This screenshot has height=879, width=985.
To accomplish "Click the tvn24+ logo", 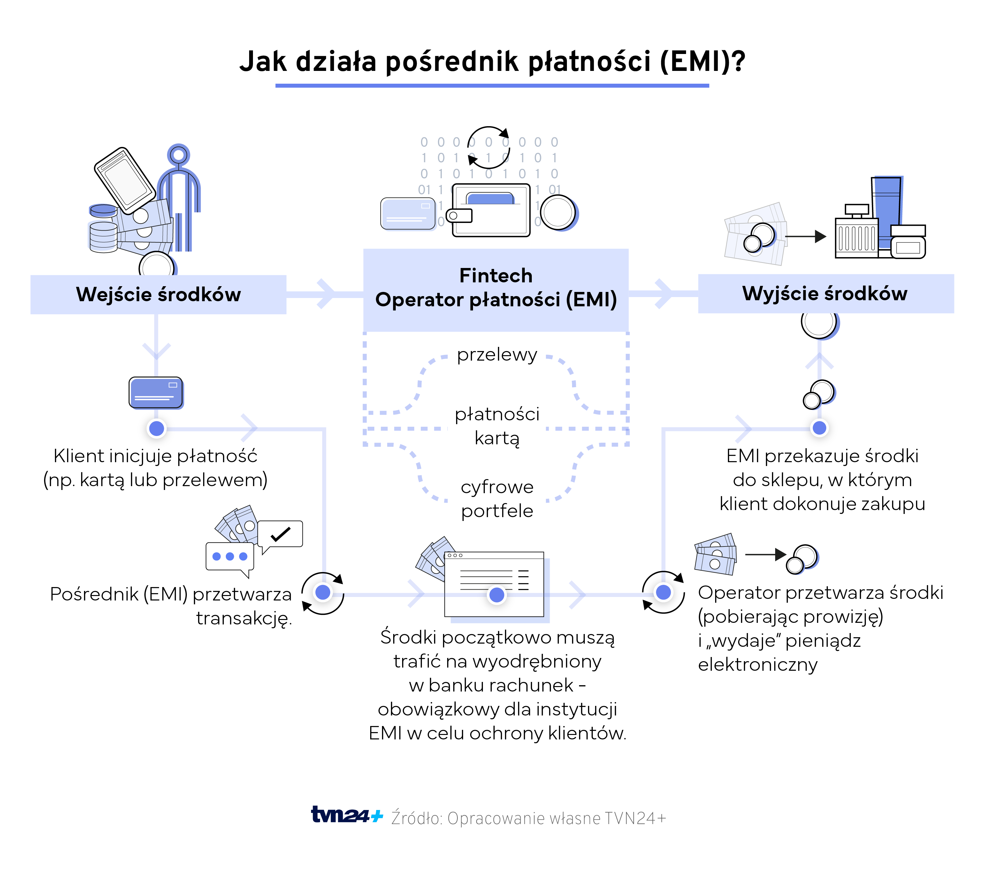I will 347,816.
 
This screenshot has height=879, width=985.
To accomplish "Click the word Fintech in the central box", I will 496,276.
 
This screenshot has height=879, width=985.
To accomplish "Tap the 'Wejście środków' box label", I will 158,294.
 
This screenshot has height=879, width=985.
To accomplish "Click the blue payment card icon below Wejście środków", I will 156,393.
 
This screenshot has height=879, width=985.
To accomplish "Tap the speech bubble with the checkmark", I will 280,534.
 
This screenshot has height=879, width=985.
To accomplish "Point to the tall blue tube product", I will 887,208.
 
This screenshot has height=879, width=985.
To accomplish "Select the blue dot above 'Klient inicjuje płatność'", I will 157,428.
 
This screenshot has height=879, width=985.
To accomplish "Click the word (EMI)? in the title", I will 703,62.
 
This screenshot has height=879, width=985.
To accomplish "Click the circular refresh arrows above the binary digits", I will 489,147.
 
